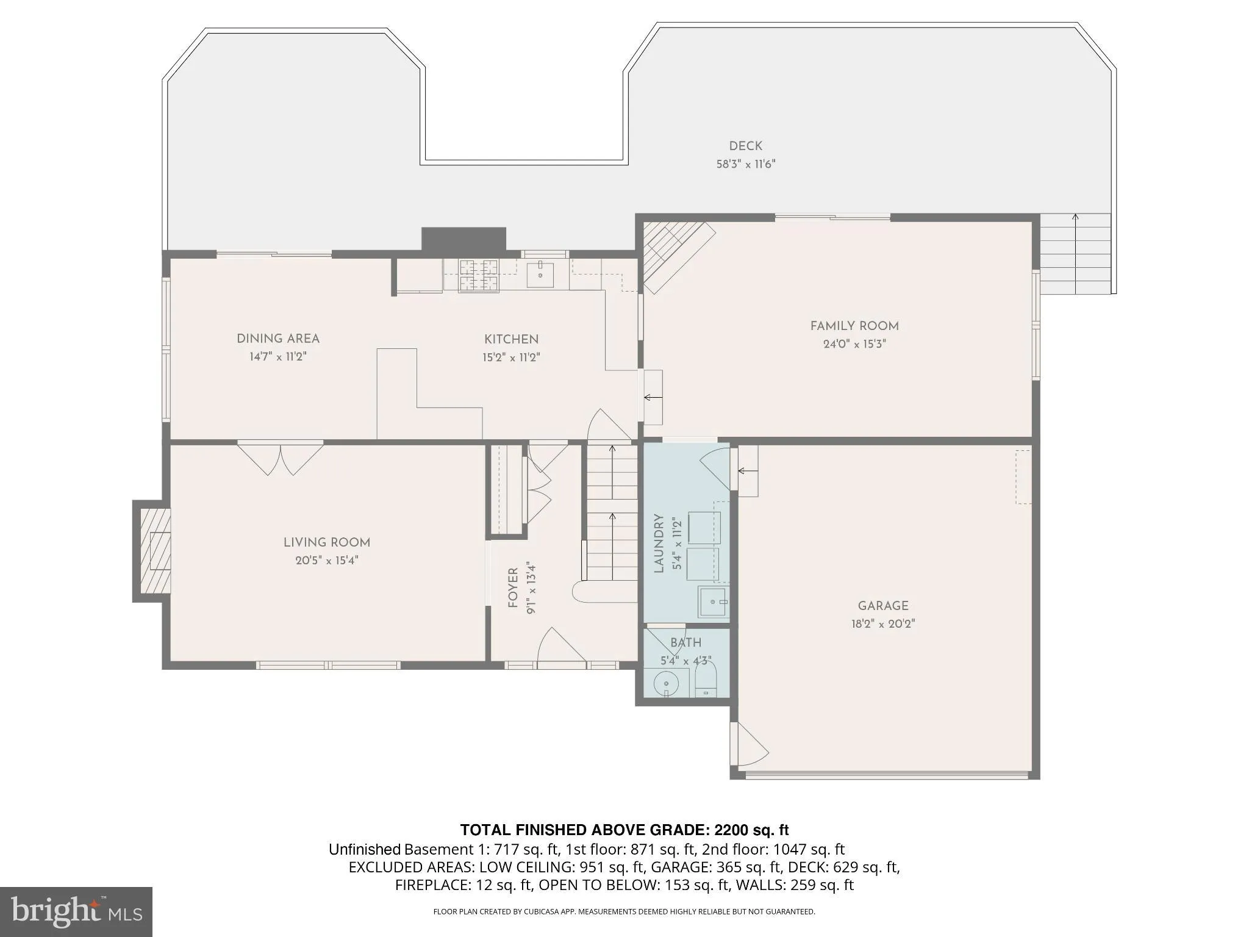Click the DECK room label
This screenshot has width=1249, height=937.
click(745, 146)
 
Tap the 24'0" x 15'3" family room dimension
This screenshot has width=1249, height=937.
click(854, 344)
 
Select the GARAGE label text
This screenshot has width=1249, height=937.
click(882, 606)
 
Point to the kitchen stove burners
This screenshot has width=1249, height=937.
click(479, 275)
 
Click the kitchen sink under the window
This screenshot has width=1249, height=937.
click(540, 275)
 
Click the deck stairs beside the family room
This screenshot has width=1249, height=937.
click(1075, 254)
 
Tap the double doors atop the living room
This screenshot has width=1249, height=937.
click(281, 458)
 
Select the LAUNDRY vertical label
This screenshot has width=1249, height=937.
click(659, 543)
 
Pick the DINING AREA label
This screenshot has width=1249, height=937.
click(277, 339)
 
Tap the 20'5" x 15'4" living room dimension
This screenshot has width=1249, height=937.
click(326, 561)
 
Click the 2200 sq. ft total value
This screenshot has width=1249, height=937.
click(751, 830)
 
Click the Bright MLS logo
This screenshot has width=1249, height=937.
click(76, 911)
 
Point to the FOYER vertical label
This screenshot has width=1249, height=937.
click(512, 587)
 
